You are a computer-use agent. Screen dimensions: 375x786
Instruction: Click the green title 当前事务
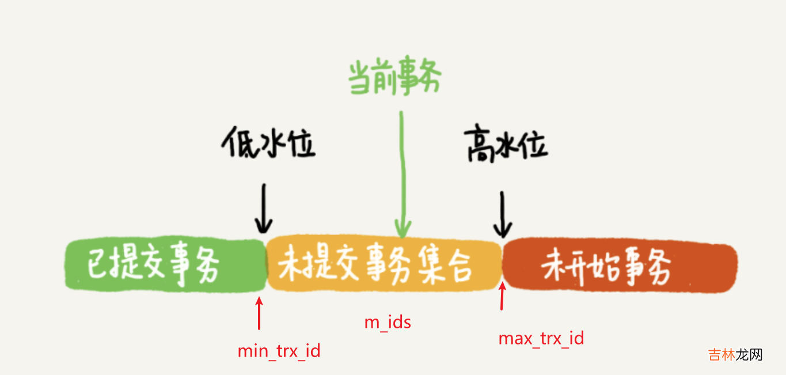[x=394, y=79]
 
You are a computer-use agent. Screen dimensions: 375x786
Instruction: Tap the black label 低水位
[x=268, y=144]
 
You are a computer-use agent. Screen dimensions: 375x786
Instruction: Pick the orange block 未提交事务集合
[x=384, y=265]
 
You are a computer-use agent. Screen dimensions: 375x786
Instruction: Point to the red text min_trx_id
[x=279, y=350]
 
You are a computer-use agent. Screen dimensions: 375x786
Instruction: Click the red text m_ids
[x=388, y=321]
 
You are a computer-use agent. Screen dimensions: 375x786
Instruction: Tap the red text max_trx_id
[x=541, y=338]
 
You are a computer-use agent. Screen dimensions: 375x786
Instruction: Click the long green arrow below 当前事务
[x=402, y=173]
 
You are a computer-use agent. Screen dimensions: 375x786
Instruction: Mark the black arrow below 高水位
[x=503, y=214]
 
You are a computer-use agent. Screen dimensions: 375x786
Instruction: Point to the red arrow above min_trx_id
[x=259, y=313]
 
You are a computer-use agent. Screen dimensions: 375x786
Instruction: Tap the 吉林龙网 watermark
[x=735, y=354]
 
